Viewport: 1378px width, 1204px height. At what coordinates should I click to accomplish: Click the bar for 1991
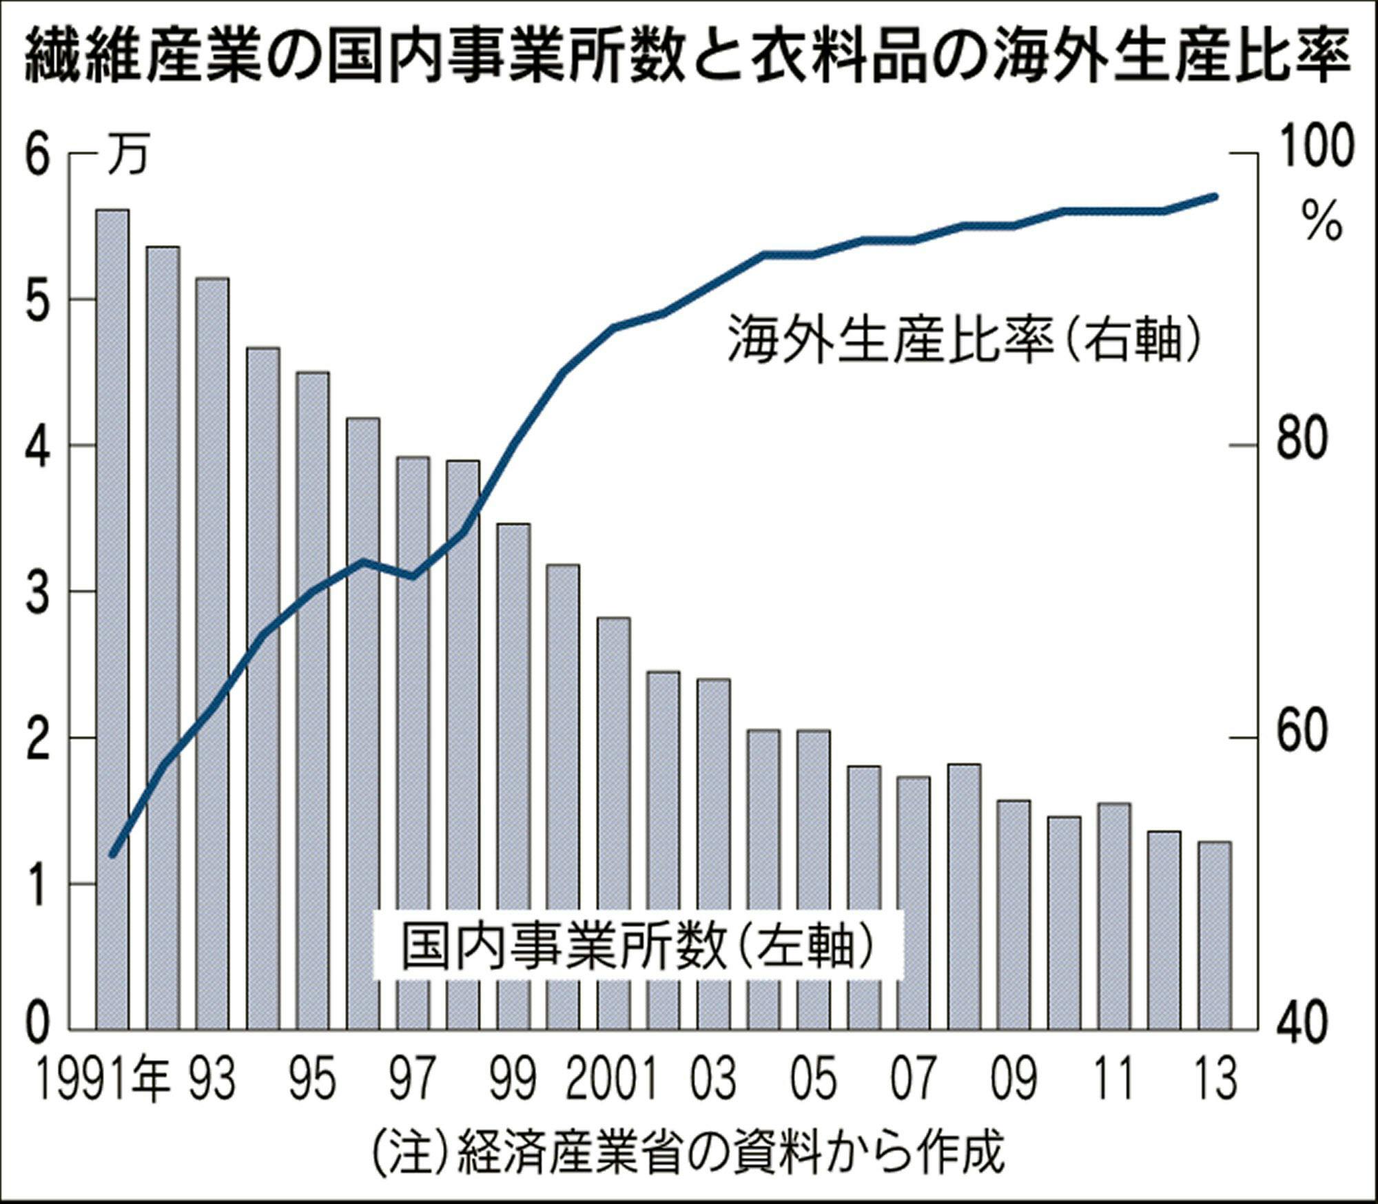[x=112, y=620]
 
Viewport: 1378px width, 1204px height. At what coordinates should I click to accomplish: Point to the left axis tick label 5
[x=38, y=300]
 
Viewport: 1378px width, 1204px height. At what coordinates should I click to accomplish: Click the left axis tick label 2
[x=38, y=740]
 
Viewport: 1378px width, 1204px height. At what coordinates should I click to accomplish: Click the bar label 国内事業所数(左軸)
[x=637, y=947]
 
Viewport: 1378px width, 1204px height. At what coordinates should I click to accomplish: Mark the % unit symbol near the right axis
[x=1322, y=220]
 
